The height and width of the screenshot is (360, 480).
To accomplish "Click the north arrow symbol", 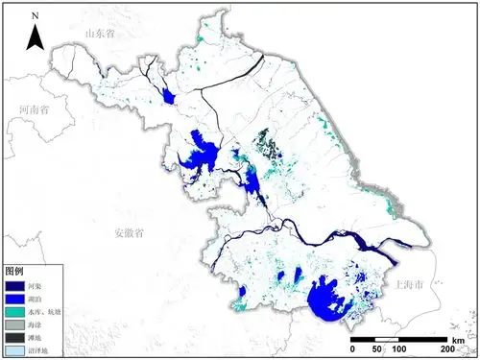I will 35,37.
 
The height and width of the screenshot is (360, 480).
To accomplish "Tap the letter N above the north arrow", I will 35,17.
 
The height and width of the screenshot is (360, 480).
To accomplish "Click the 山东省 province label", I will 100,34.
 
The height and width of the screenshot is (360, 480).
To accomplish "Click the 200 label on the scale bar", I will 445,349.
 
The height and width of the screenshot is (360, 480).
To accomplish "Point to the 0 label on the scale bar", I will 351,349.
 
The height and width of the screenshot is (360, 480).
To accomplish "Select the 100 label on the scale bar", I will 397,349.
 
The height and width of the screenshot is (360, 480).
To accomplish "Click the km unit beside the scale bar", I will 458,340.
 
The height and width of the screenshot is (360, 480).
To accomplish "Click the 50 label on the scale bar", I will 374,349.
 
